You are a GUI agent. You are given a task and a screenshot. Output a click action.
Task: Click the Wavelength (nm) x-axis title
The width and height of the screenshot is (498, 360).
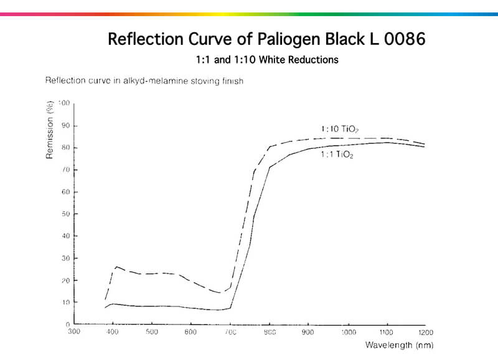[399, 344]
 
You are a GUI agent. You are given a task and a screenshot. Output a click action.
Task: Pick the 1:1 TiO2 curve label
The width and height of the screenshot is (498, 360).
[337, 155]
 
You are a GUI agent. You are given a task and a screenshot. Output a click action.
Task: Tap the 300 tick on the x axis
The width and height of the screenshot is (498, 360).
[74, 332]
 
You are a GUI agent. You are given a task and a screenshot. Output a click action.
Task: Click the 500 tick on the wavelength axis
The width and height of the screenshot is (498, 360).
[152, 332]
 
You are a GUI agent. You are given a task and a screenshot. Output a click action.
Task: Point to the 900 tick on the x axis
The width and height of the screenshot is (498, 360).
[308, 332]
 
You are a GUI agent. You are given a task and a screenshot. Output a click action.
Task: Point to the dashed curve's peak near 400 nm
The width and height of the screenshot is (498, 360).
[116, 267]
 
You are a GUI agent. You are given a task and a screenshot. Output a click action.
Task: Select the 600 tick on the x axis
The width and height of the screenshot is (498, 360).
[190, 332]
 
